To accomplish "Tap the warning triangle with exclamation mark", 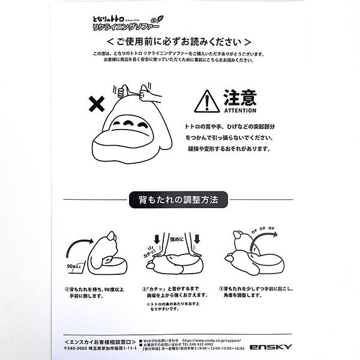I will [206, 101].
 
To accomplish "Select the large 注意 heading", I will [240, 98].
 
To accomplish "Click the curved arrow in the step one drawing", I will [77, 243].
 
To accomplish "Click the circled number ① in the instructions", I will [67, 288].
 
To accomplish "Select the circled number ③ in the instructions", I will [221, 288].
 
